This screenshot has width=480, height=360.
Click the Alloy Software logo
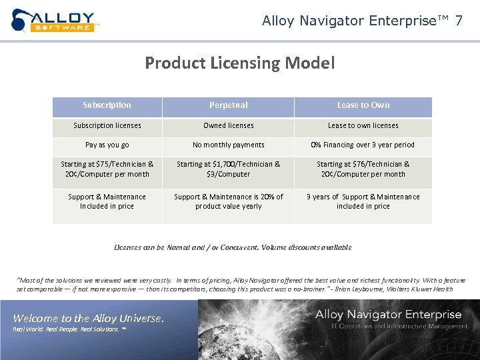(55, 20)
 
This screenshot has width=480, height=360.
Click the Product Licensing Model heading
(239, 63)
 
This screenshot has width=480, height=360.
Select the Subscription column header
(107, 105)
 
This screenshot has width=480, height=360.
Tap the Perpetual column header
(228, 105)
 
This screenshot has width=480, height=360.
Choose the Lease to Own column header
(363, 105)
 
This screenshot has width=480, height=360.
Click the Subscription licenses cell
(107, 125)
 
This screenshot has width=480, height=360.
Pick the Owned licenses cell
(228, 125)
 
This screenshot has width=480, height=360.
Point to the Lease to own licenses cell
(363, 125)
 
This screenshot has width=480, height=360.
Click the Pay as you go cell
(107, 145)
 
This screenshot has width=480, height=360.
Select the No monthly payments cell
(228, 145)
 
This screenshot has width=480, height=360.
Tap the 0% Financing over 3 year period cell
(363, 145)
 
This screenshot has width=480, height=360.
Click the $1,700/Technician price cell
(228, 169)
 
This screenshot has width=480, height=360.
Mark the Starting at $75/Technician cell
(107, 169)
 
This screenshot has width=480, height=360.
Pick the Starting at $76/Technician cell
(363, 169)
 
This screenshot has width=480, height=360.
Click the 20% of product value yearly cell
(228, 201)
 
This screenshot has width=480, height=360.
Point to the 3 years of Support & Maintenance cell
(363, 201)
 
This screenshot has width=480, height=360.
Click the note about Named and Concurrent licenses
(233, 247)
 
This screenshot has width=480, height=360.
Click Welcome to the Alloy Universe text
(88, 318)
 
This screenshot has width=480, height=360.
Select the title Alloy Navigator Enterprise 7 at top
(362, 21)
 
